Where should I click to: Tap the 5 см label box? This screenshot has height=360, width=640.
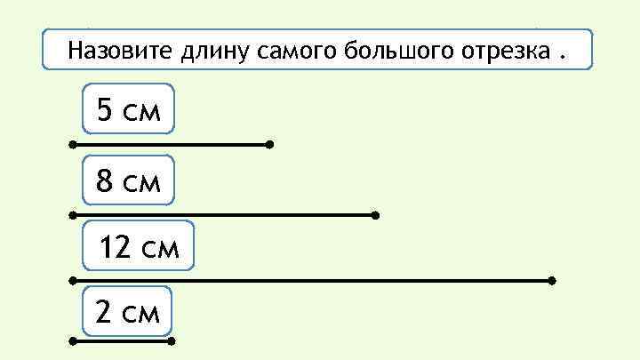click(128, 110)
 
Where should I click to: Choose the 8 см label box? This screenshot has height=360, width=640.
click(128, 181)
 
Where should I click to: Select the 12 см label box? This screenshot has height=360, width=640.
click(137, 246)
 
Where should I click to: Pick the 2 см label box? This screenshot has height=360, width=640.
click(127, 312)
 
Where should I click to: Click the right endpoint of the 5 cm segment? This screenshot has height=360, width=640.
click(269, 143)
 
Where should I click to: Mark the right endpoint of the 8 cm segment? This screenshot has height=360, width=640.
click(376, 215)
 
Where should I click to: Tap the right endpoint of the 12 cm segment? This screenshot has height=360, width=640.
click(552, 280)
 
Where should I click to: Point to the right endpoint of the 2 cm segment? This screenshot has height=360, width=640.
click(172, 340)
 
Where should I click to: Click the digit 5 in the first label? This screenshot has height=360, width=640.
click(105, 110)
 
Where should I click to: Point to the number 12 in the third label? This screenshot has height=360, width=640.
click(115, 246)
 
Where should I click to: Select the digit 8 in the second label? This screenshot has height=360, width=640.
click(105, 181)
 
